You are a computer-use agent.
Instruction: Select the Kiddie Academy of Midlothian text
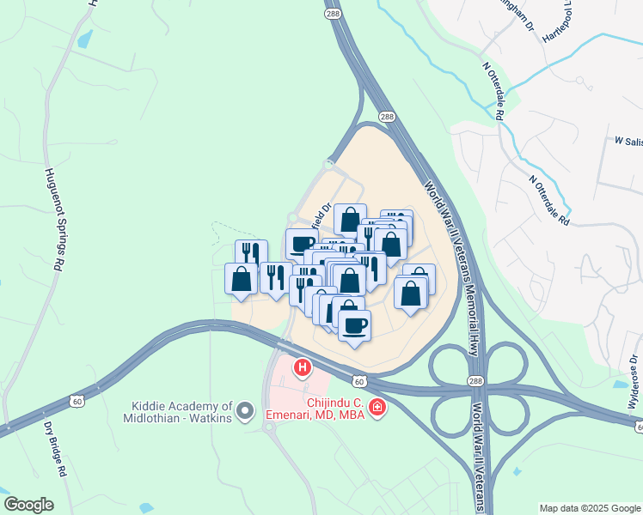pos(182,411)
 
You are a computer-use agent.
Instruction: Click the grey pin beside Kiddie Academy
pos(246,411)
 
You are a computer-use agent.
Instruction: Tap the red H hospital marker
pos(303,369)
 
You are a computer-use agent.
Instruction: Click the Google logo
pos(28,505)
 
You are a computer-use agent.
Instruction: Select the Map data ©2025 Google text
pos(589,507)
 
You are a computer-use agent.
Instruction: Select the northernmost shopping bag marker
pos(349,220)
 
